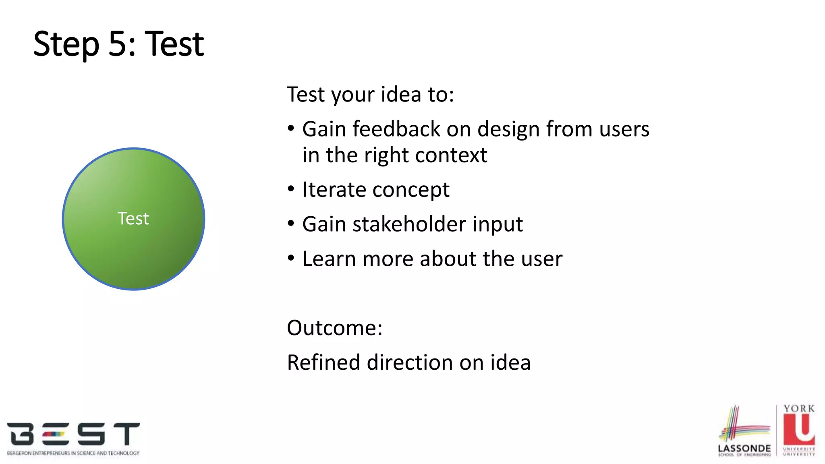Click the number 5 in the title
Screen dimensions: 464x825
pyautogui.click(x=117, y=44)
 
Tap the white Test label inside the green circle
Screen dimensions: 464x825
pyautogui.click(x=133, y=219)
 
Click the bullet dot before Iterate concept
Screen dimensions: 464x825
pyautogui.click(x=291, y=189)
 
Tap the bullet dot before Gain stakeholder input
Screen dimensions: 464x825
pyautogui.click(x=291, y=224)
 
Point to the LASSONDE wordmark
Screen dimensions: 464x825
pyautogui.click(x=744, y=448)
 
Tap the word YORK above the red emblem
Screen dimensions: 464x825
pyautogui.click(x=799, y=408)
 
